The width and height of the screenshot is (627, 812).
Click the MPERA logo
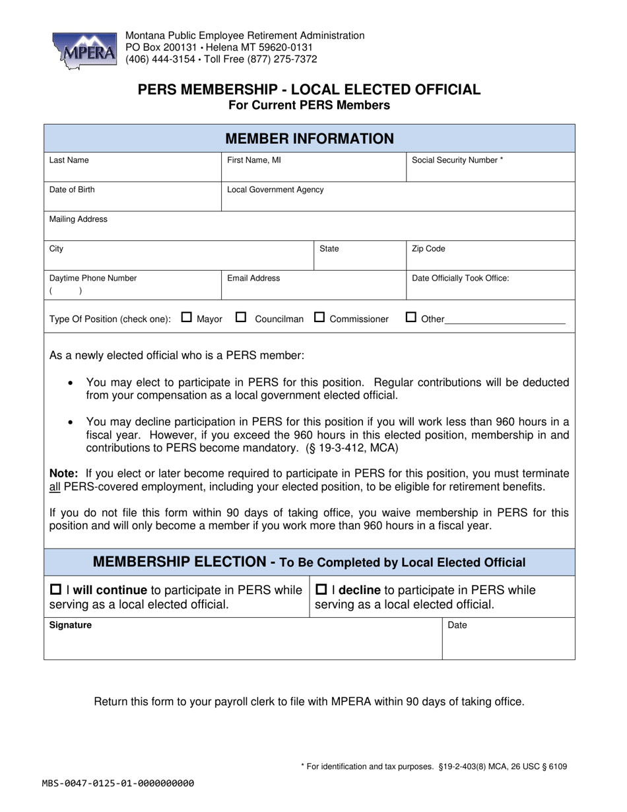[83, 51]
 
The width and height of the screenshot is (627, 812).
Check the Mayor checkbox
[186, 318]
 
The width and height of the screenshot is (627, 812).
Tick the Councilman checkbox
[241, 318]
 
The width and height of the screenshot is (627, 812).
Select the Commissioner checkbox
[319, 318]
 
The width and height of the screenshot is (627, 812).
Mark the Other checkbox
[411, 318]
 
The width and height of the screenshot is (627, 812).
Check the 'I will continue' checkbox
[56, 590]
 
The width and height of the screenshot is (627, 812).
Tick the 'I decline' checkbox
[322, 590]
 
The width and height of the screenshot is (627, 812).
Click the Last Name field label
[69, 160]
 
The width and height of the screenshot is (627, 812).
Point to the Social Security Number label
[457, 160]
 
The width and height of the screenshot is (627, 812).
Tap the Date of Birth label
[72, 189]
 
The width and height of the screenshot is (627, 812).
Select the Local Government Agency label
[275, 189]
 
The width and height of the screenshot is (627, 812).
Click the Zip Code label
[428, 249]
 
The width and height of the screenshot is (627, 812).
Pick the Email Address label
[253, 278]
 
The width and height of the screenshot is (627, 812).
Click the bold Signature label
[71, 625]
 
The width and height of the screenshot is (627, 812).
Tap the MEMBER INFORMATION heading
[310, 139]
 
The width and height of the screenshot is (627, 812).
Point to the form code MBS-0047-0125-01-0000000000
[118, 784]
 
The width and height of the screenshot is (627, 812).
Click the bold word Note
[64, 473]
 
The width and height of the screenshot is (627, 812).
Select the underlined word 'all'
[55, 487]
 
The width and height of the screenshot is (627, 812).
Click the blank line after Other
[506, 321]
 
